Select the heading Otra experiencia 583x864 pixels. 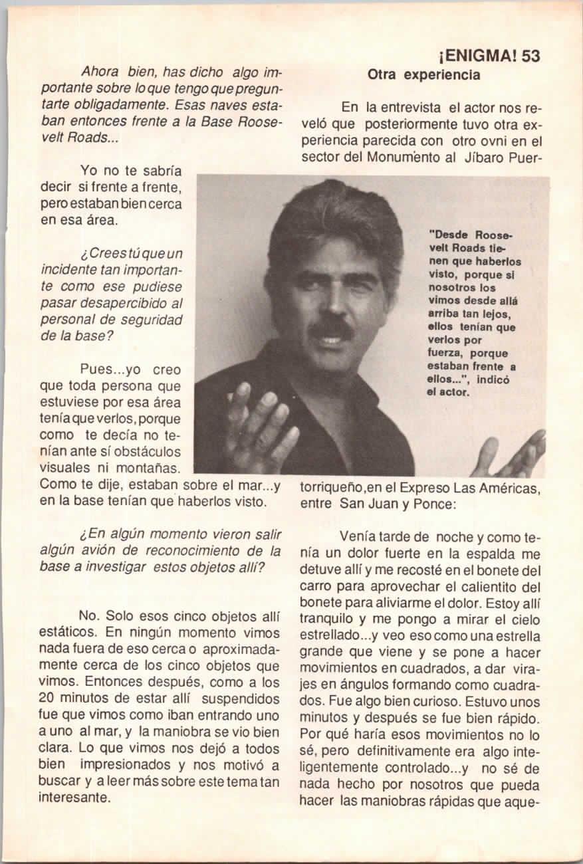coord(423,75)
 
